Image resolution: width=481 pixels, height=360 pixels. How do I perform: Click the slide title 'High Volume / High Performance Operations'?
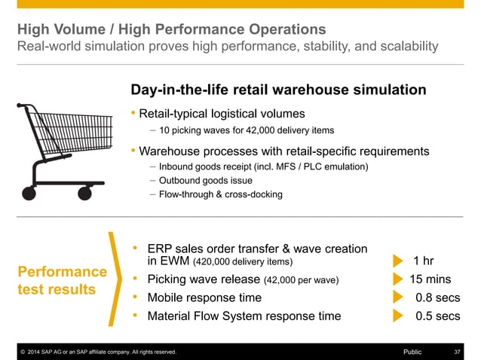pos(171,29)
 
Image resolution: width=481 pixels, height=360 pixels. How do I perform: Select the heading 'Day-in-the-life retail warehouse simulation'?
pos(278,90)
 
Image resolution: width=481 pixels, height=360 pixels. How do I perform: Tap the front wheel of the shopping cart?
pos(84,194)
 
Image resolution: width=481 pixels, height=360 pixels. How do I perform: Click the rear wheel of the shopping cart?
pos(29,194)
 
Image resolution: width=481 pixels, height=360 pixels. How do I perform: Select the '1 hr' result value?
pos(424,261)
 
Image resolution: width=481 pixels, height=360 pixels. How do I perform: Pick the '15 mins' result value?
pos(430,279)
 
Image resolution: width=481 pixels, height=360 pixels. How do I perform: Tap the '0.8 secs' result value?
pos(437,297)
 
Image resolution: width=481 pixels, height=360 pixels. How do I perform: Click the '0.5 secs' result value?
pos(437,316)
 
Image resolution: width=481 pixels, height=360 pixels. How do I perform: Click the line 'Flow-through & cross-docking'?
pos(220,194)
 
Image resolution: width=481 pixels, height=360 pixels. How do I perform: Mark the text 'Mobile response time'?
pos(204,297)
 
